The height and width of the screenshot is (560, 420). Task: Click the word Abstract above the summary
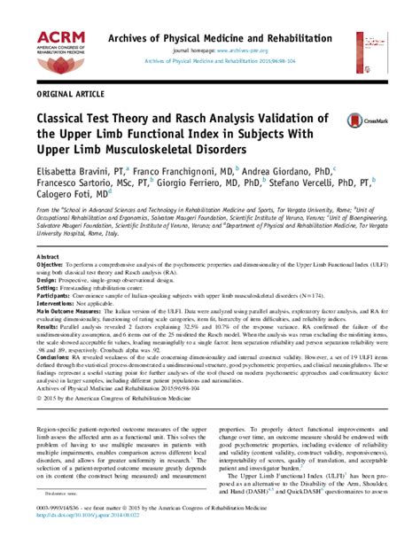tap(48, 256)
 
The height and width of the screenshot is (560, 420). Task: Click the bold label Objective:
tap(51, 265)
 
